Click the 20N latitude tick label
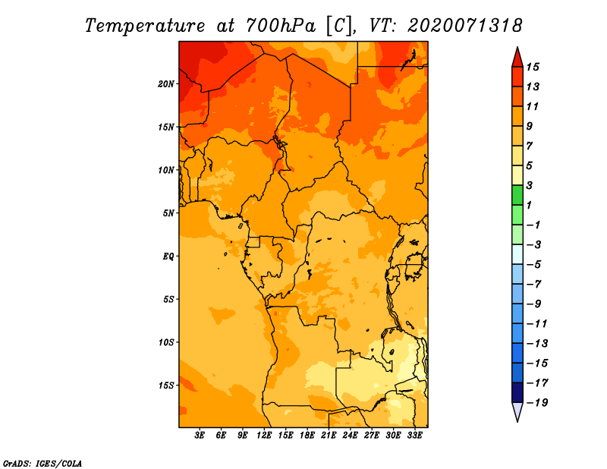[165, 84]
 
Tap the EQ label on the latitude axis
[168, 257]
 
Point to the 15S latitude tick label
[166, 386]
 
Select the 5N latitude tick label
[168, 213]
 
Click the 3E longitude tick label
[200, 435]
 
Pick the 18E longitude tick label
[307, 435]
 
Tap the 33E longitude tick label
[414, 435]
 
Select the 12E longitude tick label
[264, 435]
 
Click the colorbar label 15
[533, 67]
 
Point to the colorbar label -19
[537, 403]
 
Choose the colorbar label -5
[534, 265]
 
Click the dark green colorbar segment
[517, 195]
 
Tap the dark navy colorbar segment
[517, 392]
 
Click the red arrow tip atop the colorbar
[517, 48]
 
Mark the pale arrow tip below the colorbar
[517, 420]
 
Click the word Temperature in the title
[145, 27]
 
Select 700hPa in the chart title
[281, 26]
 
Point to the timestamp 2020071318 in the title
[465, 26]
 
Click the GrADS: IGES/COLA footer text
[42, 464]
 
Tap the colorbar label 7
[530, 146]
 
